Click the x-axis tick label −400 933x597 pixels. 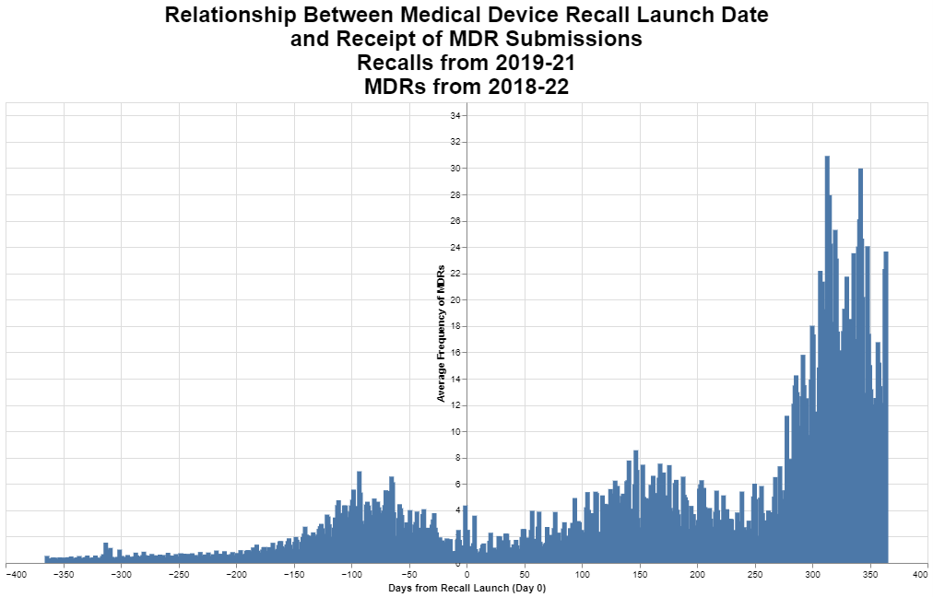pyautogui.click(x=16, y=575)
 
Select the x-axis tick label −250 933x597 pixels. pyautogui.click(x=180, y=575)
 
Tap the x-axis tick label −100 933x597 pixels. pyautogui.click(x=351, y=575)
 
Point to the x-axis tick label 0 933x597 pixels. pyautogui.click(x=466, y=575)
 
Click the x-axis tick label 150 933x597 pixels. pyautogui.click(x=639, y=575)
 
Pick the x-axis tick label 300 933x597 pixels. pyautogui.click(x=811, y=575)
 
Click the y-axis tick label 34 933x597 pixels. pyautogui.click(x=455, y=116)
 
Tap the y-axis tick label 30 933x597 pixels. pyautogui.click(x=455, y=169)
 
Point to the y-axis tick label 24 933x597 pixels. pyautogui.click(x=455, y=248)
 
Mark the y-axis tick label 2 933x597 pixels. pyautogui.click(x=456, y=537)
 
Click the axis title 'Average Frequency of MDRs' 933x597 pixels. pyautogui.click(x=442, y=334)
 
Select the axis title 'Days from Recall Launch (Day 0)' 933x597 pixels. pyautogui.click(x=466, y=588)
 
